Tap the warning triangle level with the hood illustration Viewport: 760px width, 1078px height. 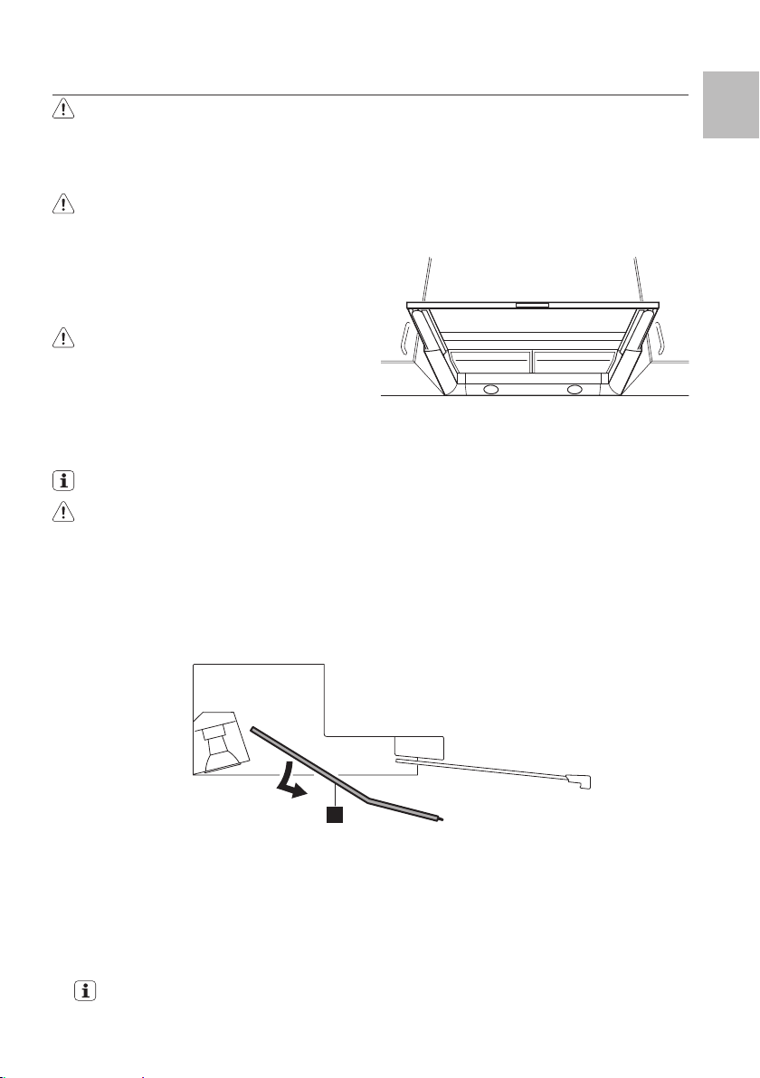tap(63, 338)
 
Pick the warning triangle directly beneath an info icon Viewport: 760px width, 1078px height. tap(63, 534)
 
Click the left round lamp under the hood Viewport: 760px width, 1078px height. tap(490, 390)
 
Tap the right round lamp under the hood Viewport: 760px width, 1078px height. tap(574, 390)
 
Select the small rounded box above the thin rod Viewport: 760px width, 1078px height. tap(420, 747)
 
